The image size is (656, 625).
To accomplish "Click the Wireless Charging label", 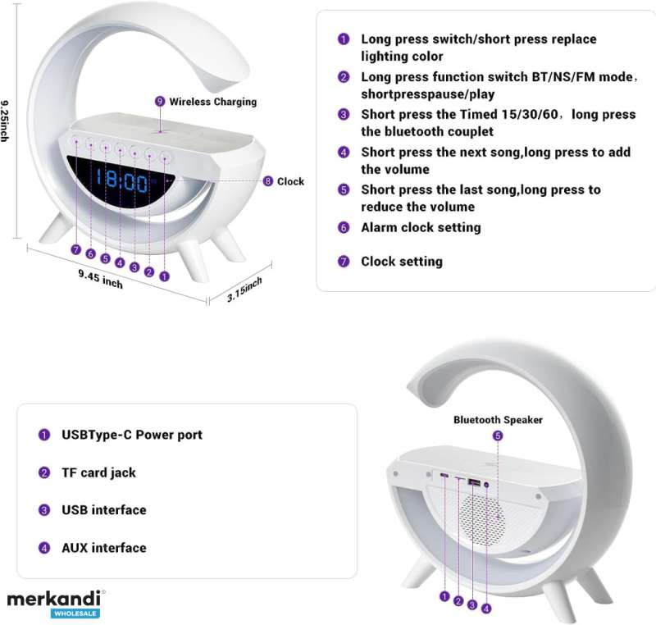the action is (213, 102).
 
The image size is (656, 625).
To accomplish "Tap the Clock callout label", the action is (291, 181).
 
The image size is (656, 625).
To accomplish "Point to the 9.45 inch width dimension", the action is (100, 279).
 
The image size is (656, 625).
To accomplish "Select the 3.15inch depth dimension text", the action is (244, 289).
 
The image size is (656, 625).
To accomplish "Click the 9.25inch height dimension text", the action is (5, 121).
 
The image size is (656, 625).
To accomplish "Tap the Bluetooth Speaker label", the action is (498, 420).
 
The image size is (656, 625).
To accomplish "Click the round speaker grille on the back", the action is (482, 520).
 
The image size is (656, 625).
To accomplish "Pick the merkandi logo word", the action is (54, 599).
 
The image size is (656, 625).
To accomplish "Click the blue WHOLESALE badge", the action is (75, 614).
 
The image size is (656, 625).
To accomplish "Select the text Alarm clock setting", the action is (421, 227).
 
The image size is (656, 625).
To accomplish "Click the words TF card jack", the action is (98, 472).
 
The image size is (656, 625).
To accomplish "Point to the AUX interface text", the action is (104, 548).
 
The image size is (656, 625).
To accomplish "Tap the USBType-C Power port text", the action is (132, 435).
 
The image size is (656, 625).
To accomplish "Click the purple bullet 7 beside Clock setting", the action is (344, 262).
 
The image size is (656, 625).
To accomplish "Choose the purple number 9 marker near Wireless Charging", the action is (160, 101).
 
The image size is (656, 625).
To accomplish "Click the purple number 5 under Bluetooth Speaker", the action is (498, 436).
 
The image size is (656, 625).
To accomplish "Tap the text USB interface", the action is (104, 510).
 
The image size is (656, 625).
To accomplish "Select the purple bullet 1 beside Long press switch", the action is (344, 39).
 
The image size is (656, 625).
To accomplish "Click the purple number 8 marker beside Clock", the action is (268, 181).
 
